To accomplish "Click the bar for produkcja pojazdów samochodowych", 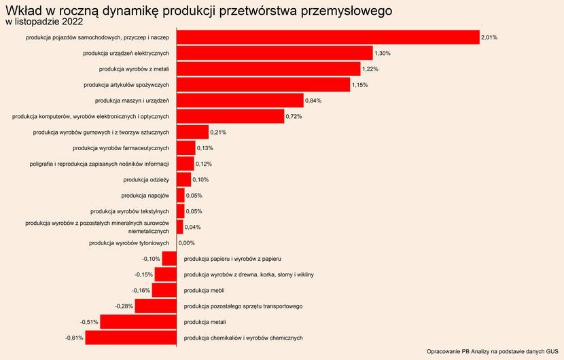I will click(328, 37).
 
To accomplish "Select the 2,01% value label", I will click(489, 37).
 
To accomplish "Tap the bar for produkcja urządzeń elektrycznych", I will click(275, 53).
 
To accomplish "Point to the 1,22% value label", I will click(370, 69).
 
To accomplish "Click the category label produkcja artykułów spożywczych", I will click(126, 85).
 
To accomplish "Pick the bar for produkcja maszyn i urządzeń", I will click(240, 101).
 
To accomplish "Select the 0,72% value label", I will click(294, 116).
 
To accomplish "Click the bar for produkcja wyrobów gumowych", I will click(192, 132).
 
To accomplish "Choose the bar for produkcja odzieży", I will click(183, 179).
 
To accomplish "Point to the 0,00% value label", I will click(186, 242).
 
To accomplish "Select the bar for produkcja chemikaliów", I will click(130, 338).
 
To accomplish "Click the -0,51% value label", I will click(89, 322).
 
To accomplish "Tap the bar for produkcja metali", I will click(138, 322).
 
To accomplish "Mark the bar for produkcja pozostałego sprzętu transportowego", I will click(156, 306).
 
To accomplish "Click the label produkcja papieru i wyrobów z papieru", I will click(232, 259).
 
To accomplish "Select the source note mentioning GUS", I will click(492, 351).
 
